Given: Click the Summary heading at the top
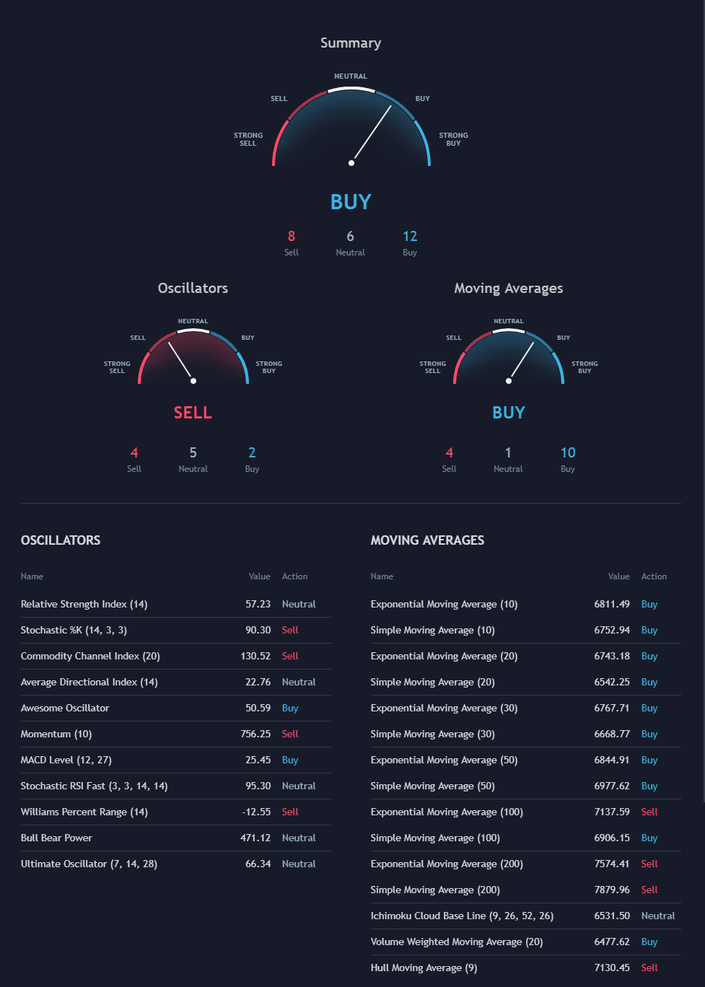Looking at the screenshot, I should tap(351, 43).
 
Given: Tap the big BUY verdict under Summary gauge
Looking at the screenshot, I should tap(351, 202).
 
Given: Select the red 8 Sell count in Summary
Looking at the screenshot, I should tap(292, 237).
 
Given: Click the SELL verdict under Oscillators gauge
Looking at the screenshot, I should tap(193, 413).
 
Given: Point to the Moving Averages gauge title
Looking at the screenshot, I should tap(508, 289).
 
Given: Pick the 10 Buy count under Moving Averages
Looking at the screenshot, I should tap(568, 453).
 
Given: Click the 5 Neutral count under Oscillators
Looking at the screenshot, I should tap(193, 453).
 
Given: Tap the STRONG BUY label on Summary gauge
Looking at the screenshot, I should tap(453, 139).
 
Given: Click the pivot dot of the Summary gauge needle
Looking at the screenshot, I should tap(351, 163).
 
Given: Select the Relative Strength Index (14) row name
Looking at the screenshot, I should tap(84, 605).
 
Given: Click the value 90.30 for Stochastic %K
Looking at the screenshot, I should tap(258, 631).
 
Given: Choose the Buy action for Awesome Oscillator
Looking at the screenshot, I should tap(290, 709).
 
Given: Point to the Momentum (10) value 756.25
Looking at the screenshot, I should tap(255, 734).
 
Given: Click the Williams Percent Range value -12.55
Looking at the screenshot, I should tap(256, 812).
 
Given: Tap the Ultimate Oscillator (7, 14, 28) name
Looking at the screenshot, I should tap(89, 864).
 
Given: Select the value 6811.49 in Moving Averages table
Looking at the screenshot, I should tap(612, 605).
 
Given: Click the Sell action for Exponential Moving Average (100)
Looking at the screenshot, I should tap(649, 812).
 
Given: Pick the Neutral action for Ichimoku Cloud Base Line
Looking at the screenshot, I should tap(658, 916).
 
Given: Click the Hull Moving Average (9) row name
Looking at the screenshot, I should tap(424, 968).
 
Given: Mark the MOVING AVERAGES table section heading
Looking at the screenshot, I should tap(427, 540).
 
